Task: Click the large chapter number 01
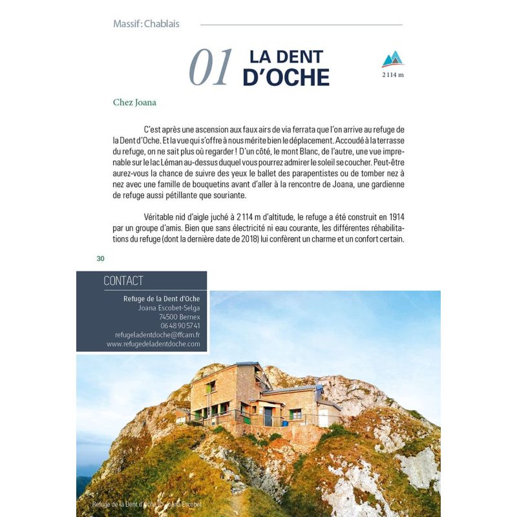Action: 210,68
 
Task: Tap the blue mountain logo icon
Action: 392,59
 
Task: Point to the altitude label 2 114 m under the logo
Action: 392,75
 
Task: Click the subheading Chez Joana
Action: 134,102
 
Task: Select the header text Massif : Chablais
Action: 146,24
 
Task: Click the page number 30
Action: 100,259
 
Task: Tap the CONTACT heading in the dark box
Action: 123,281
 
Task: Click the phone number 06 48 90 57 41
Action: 179,326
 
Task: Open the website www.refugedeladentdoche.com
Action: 153,344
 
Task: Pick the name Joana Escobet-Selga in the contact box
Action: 169,308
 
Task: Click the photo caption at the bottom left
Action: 147,504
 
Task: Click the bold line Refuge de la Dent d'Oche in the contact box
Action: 162,299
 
